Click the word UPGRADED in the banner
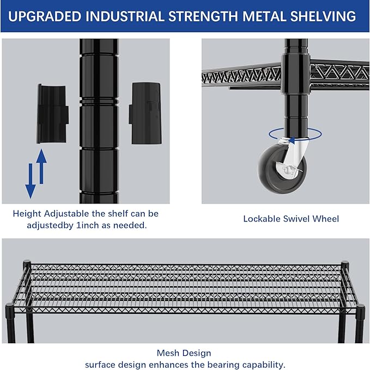[x=45, y=16]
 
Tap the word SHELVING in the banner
[x=323, y=16]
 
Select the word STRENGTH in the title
[x=203, y=16]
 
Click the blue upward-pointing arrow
[x=41, y=166]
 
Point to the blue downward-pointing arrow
[x=31, y=181]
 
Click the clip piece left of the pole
[x=52, y=114]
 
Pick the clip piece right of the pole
[x=145, y=113]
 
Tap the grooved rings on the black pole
[x=99, y=101]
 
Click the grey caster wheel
[x=282, y=169]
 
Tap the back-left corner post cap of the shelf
[x=27, y=264]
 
